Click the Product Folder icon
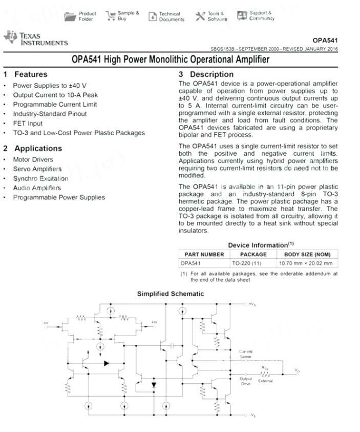[70, 16]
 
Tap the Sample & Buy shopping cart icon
[111, 16]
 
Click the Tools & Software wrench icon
[200, 16]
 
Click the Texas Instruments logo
[35, 38]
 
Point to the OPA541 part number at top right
[325, 40]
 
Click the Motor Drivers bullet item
[33, 159]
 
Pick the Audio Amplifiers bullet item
[37, 188]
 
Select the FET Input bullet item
[28, 124]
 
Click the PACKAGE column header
[253, 254]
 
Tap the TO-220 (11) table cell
[246, 263]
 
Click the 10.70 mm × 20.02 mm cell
[305, 263]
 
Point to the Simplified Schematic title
[170, 294]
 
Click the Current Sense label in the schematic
[246, 354]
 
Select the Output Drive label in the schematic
[246, 381]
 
